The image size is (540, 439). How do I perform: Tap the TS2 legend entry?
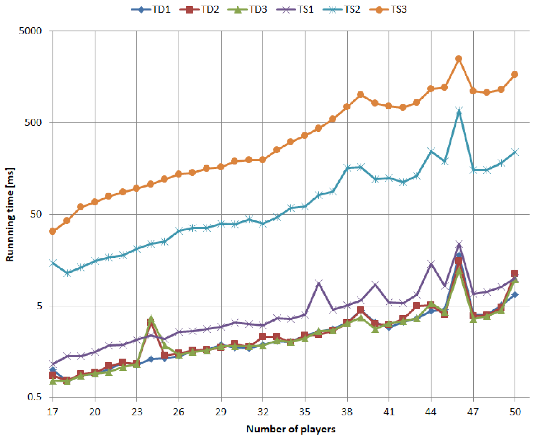pos(342,9)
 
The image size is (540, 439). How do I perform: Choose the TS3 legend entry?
pos(388,9)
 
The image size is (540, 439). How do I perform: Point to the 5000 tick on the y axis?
pos(30,31)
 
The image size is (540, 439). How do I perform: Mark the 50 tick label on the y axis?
pos(36,214)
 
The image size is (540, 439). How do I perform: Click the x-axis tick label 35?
pos(305,412)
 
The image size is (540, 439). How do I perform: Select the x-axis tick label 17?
pos(52,412)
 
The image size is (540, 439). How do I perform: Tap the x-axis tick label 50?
pos(515,412)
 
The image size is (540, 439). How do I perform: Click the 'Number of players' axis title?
pos(291,429)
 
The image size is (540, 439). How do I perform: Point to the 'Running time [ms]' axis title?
pos(10,214)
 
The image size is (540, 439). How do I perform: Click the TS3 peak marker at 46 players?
pos(459,59)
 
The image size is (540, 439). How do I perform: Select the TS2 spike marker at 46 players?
pos(459,111)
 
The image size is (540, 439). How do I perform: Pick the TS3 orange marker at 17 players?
pos(52,232)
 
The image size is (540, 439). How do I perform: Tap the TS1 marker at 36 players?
pos(318,284)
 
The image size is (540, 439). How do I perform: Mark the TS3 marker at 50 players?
pos(515,74)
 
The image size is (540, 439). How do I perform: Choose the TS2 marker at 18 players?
pos(67,273)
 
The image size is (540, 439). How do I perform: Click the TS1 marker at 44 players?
pos(431,264)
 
